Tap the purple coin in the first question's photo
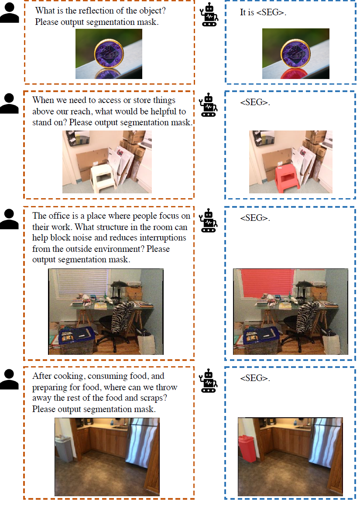(x=109, y=53)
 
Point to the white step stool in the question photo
(x=103, y=178)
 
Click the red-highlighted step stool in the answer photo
(x=288, y=178)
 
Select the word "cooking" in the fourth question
(x=68, y=376)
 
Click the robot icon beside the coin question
(x=209, y=14)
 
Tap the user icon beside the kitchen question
(x=10, y=380)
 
